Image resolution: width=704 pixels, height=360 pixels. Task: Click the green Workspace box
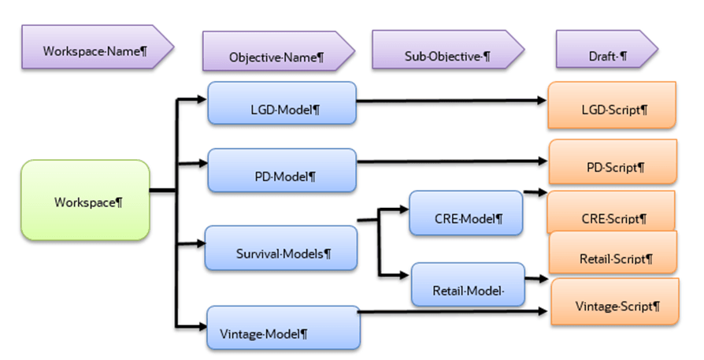[84, 200]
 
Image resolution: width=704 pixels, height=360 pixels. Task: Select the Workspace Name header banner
[94, 49]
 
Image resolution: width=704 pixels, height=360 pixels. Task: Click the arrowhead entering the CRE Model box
[403, 210]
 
